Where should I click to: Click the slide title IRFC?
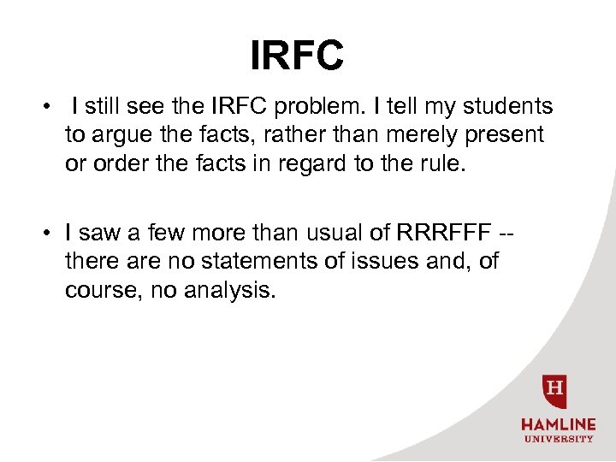tap(297, 56)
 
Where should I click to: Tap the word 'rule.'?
tap(443, 163)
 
